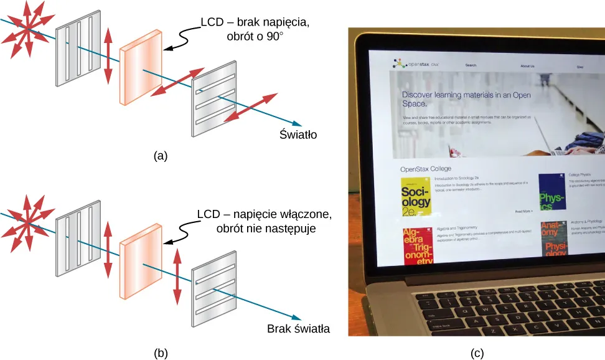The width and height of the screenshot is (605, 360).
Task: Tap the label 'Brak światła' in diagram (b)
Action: pyautogui.click(x=298, y=329)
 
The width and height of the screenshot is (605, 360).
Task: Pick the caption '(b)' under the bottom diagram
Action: pyautogui.click(x=161, y=353)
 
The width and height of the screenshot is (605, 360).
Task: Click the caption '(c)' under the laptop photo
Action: pyautogui.click(x=477, y=353)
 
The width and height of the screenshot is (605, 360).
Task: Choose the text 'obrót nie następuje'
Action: pyautogui.click(x=266, y=228)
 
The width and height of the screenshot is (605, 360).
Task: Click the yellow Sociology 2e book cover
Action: pyautogui.click(x=416, y=198)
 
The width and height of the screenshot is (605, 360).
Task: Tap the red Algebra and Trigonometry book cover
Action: pyautogui.click(x=418, y=246)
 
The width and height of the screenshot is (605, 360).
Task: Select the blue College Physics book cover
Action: pyautogui.click(x=551, y=192)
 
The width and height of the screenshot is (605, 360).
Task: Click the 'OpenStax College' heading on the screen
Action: pyautogui.click(x=426, y=168)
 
